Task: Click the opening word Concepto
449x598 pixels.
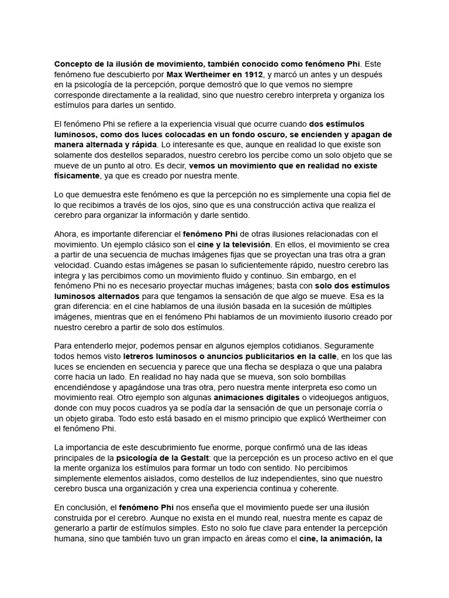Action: (73, 63)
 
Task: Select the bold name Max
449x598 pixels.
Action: (176, 74)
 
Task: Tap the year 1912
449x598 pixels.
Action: (250, 74)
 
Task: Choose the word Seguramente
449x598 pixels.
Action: (348, 345)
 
